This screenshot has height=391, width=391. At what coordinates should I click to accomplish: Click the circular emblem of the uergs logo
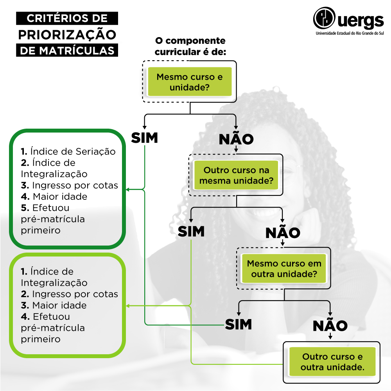coord(324,18)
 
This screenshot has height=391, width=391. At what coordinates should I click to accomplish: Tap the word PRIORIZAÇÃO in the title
coord(67,34)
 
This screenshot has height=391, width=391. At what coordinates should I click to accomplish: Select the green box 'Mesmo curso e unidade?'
coord(190,82)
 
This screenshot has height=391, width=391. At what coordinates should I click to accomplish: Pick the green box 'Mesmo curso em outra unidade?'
coord(284,269)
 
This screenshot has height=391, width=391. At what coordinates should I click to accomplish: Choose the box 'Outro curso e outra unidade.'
coord(332,362)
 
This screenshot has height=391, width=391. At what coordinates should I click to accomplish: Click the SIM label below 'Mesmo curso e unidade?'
coord(144,138)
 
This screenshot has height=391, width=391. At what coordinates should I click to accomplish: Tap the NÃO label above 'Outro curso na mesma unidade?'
coord(236,139)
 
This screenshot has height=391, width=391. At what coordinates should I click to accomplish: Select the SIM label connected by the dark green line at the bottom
coord(238,324)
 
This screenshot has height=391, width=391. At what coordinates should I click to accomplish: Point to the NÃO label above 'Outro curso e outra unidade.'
coord(330,326)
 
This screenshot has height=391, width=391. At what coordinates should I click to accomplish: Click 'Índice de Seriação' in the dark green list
coord(69,151)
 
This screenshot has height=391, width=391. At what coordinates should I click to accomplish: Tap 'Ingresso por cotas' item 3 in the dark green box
coord(70,185)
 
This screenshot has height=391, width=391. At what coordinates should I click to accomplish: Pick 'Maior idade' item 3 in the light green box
coord(54,305)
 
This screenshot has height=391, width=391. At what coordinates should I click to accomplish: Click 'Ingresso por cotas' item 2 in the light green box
coord(70,294)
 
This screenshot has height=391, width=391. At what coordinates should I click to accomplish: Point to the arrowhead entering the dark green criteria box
coord(127,190)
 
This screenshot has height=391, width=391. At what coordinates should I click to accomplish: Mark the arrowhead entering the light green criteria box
coord(127,306)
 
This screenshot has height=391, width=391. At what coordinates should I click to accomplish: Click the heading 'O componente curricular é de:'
coord(190,46)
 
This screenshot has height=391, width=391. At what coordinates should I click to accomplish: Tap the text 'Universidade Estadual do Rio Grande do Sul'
coord(350,33)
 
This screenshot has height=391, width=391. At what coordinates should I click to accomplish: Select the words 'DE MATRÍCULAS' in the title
coord(67,51)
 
